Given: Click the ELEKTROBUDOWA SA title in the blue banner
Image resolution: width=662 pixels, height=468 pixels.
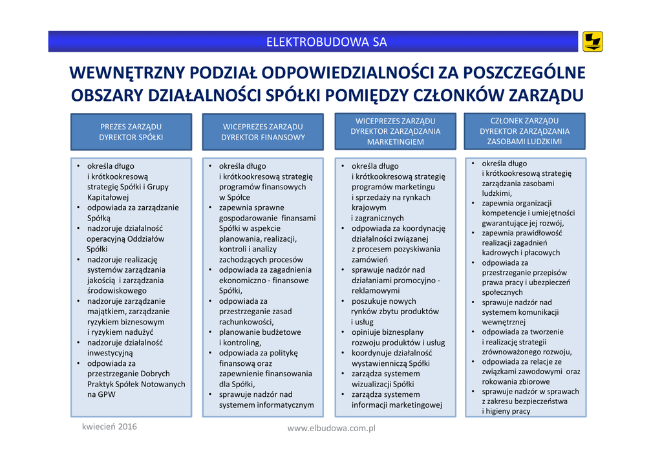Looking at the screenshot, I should (x=326, y=43).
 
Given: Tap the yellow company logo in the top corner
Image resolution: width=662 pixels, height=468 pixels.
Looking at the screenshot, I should (x=592, y=41).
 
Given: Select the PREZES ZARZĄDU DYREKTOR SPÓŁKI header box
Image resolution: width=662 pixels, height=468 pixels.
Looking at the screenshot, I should (x=131, y=132).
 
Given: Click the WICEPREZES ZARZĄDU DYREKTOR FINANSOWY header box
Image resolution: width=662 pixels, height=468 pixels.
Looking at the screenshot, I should (x=262, y=132).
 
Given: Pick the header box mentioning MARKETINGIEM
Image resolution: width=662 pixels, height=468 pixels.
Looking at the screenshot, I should (x=395, y=131).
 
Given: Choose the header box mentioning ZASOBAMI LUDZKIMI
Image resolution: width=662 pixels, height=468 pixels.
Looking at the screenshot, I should (x=524, y=131).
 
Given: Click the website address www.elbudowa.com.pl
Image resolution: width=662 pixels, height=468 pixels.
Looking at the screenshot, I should (x=331, y=428).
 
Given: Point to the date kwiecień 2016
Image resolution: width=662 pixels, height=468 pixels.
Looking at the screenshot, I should (x=109, y=427).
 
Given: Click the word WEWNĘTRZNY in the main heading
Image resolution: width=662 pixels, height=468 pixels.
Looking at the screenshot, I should (x=122, y=72).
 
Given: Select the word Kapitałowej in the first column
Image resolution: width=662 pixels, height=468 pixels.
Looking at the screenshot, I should (x=109, y=197).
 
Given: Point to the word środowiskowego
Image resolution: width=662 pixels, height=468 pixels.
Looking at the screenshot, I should (x=117, y=291).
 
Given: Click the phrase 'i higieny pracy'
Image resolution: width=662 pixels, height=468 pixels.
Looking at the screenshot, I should (x=506, y=411).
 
